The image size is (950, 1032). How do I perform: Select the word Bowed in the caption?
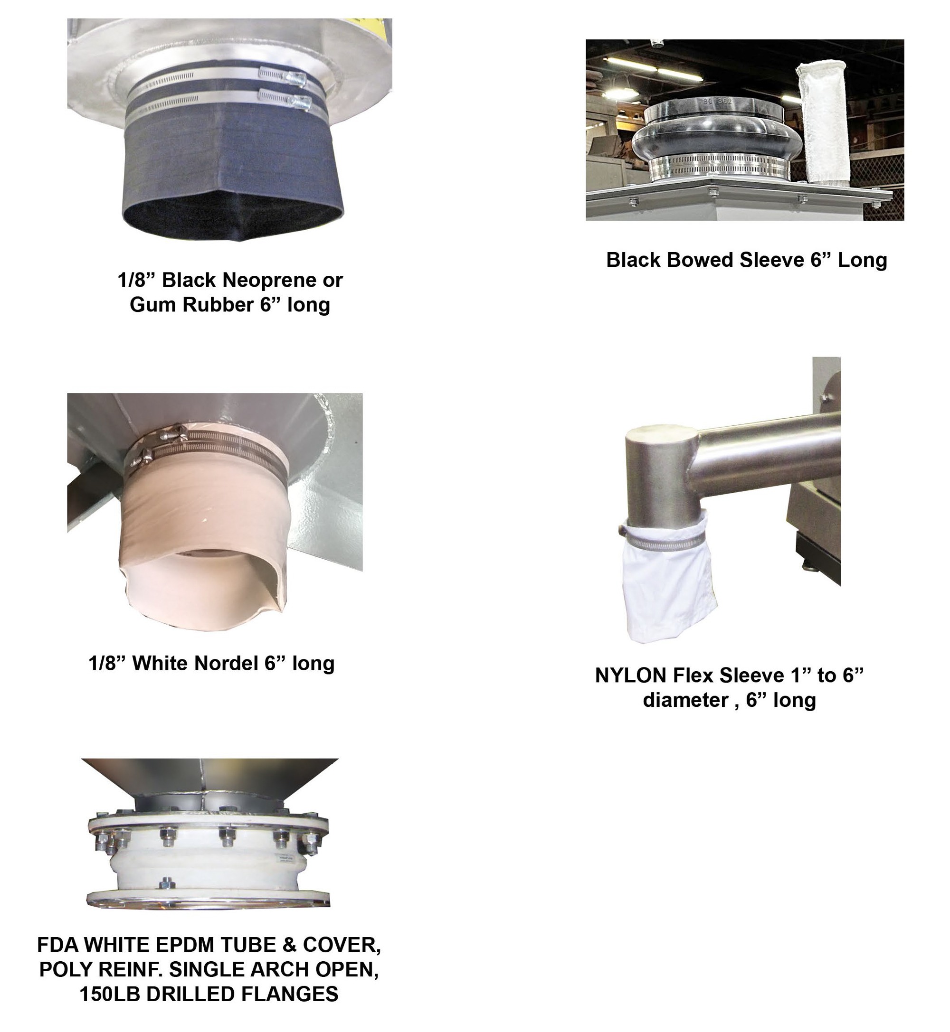coord(700,260)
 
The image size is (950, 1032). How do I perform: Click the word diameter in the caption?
coord(686,700)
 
